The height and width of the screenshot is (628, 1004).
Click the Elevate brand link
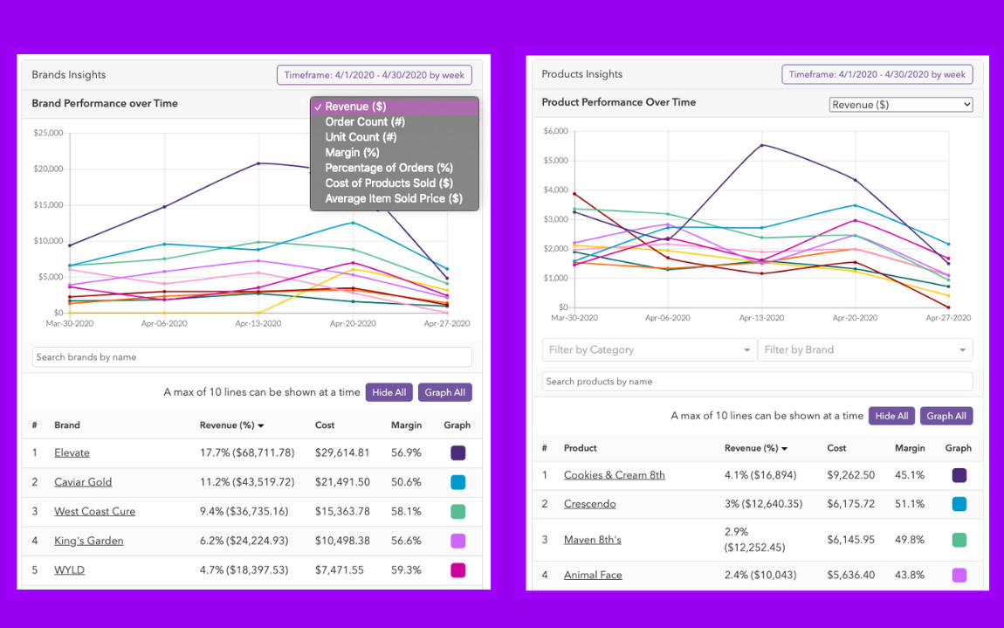tap(72, 452)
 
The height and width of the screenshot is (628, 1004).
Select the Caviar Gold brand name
tap(83, 482)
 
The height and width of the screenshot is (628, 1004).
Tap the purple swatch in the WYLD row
tap(457, 570)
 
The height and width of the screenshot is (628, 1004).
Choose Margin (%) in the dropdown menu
tap(352, 153)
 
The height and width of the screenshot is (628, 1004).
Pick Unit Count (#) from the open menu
tap(361, 137)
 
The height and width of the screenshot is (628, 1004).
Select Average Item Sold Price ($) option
tap(393, 199)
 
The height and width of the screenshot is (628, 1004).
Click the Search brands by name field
tap(251, 357)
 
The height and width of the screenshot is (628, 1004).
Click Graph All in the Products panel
tap(946, 416)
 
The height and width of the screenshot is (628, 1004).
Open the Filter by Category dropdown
tap(649, 350)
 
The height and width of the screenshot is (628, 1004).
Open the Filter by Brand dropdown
tap(864, 350)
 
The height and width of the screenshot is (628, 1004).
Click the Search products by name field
tap(757, 382)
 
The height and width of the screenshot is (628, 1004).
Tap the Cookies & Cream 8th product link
tap(614, 475)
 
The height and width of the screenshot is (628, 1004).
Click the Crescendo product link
tap(589, 504)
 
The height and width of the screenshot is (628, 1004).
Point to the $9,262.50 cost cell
tap(849, 475)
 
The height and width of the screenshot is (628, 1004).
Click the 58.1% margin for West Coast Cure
tap(406, 512)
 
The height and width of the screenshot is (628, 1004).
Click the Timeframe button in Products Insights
tap(877, 74)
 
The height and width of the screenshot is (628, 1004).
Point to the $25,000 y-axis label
tap(48, 133)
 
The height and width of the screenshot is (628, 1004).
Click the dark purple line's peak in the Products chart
tap(762, 145)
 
